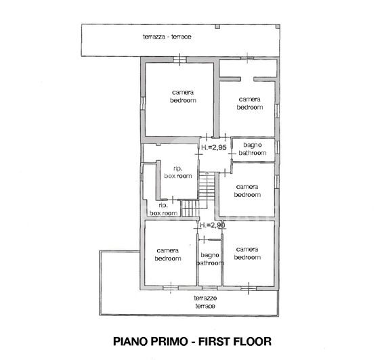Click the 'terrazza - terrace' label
point(167,36)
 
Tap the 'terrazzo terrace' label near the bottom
point(205,302)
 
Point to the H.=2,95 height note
point(213,147)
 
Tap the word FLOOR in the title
point(258,340)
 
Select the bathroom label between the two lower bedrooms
point(210,258)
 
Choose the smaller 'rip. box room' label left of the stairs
point(163,209)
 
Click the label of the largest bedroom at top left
point(182,96)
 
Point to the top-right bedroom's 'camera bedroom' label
point(249,103)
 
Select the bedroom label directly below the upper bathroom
point(247,190)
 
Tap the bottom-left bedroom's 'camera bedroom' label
point(167,254)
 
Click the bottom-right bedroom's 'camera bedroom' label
point(247,253)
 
